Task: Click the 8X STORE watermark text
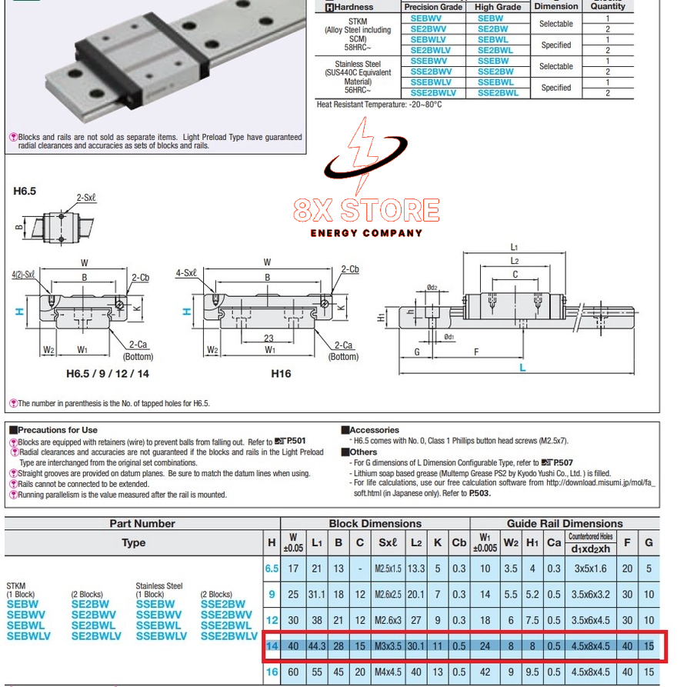pos(366,209)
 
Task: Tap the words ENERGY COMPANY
pos(366,233)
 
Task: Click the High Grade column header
pos(498,7)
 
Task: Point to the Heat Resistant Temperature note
pos(379,104)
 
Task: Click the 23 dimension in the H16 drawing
pos(268,338)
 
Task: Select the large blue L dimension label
pos(522,368)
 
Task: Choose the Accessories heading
pos(374,430)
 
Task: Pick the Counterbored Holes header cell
pos(591,536)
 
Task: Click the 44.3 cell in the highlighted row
pos(317,645)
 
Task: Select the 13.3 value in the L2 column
pos(415,569)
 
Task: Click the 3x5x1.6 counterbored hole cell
pos(591,569)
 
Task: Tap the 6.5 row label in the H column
pos(272,569)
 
